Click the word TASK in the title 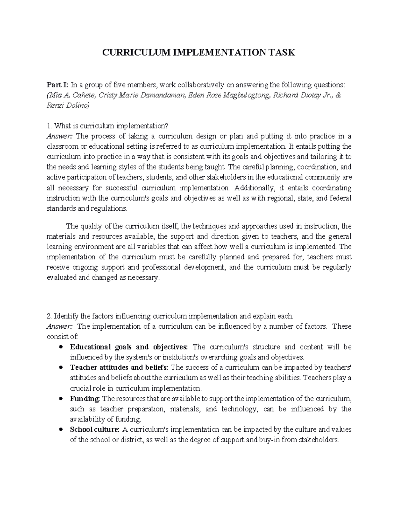(x=282, y=53)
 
